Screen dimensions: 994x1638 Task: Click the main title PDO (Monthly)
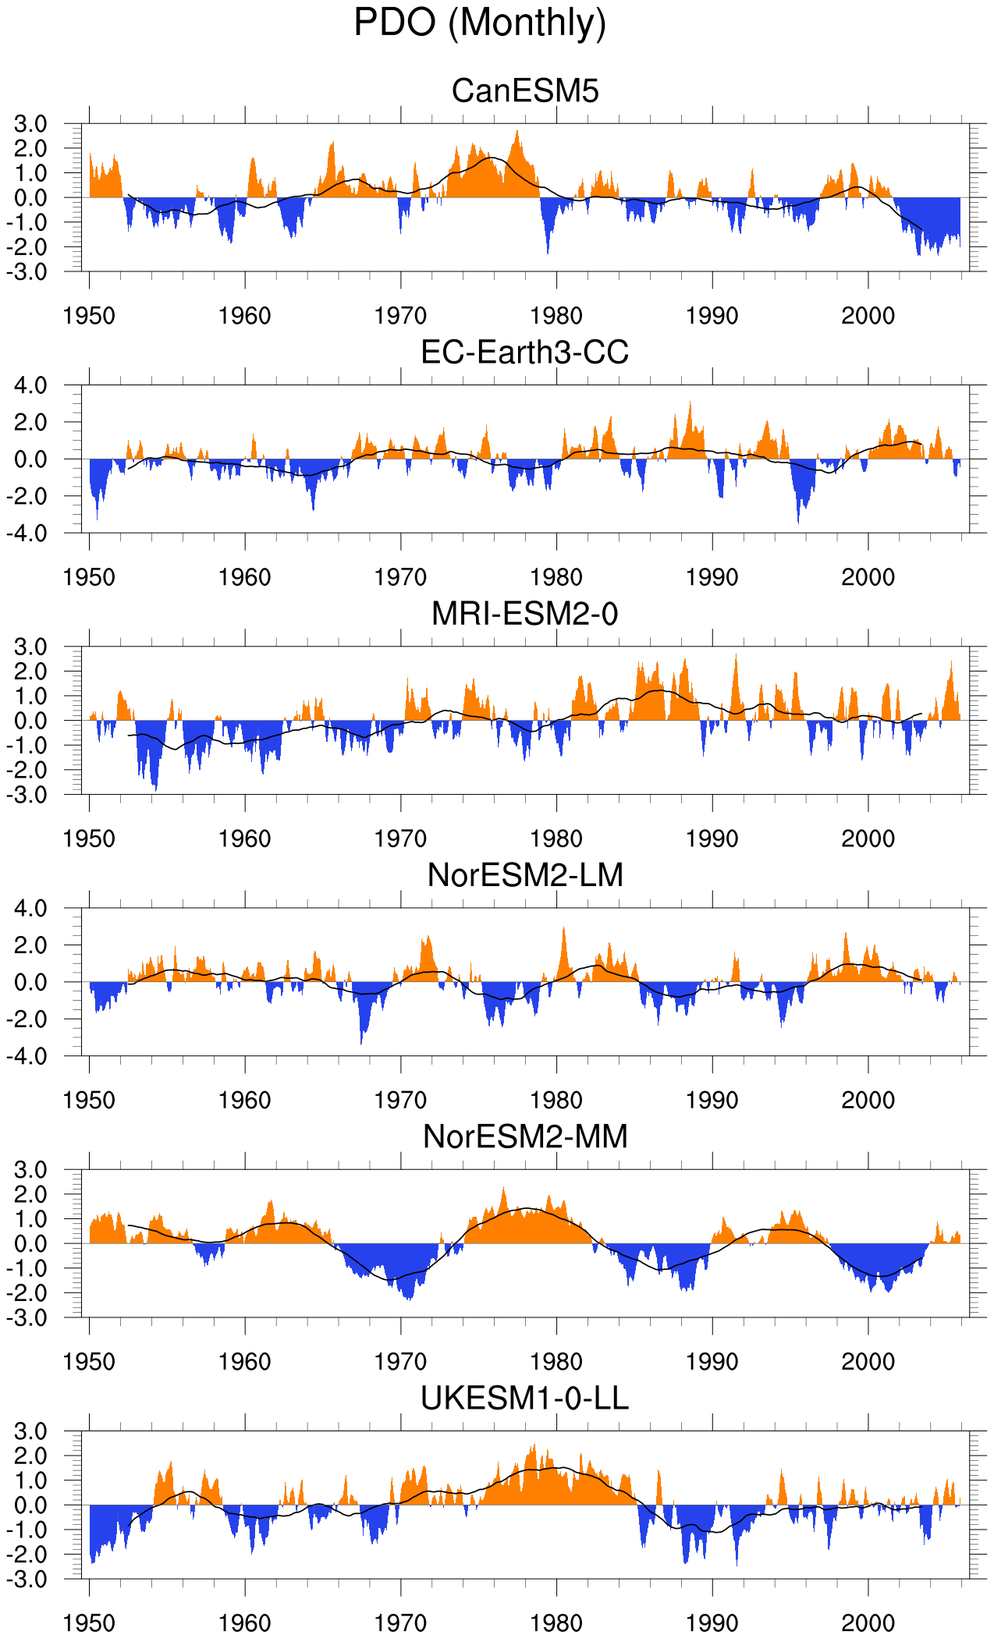[x=480, y=23]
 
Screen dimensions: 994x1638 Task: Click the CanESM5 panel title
[x=525, y=91]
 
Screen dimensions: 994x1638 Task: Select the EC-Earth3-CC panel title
[x=525, y=353]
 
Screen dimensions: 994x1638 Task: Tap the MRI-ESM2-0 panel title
[x=525, y=614]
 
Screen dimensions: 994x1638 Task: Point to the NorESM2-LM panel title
[x=525, y=875]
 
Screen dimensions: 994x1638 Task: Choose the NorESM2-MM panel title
[x=525, y=1137]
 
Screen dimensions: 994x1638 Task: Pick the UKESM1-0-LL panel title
[x=525, y=1399]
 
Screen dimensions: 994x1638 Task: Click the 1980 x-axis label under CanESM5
[x=556, y=316]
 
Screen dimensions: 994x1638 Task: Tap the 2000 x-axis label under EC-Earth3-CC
[x=868, y=577]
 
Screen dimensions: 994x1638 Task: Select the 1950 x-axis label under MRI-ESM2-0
[x=89, y=838]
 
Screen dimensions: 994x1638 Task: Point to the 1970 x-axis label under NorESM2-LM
[x=400, y=1100]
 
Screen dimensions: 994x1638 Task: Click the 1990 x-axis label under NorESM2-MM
[x=712, y=1362]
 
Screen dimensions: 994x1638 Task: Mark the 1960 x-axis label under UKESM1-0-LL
[x=245, y=1623]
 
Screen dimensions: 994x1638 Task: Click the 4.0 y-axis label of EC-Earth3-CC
[x=30, y=385]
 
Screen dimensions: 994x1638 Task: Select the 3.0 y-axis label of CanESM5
[x=30, y=124]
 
